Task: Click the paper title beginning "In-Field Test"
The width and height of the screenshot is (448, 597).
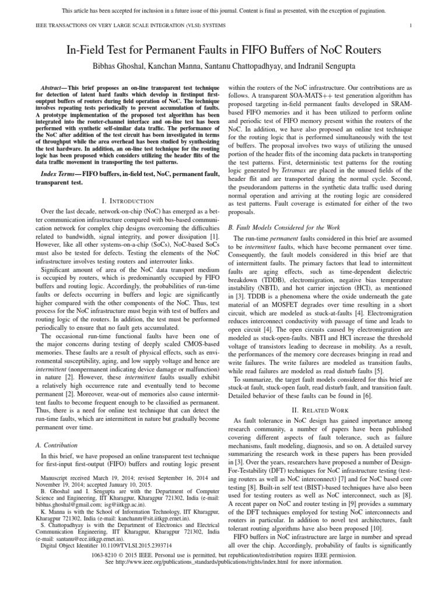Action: [x=223, y=50]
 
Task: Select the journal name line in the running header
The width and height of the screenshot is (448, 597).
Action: [x=117, y=26]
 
